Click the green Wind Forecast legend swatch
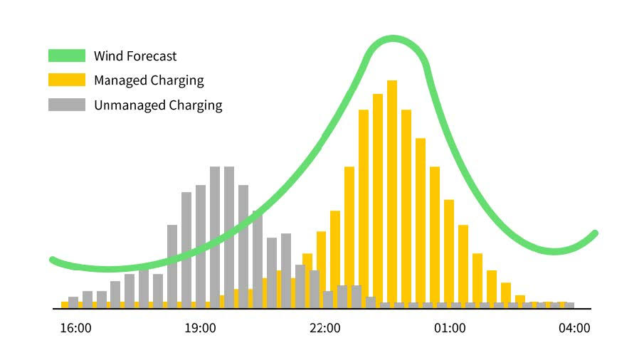click(x=67, y=55)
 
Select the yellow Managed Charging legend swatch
click(x=67, y=80)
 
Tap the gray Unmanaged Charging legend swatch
click(x=67, y=105)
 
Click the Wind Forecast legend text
click(x=135, y=55)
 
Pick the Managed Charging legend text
click(x=149, y=80)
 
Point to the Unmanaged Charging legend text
click(x=158, y=105)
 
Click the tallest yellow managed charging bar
click(x=392, y=192)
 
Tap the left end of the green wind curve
click(x=52, y=260)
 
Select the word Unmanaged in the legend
click(x=129, y=105)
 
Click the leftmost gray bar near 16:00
click(x=73, y=302)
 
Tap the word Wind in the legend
click(x=107, y=55)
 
